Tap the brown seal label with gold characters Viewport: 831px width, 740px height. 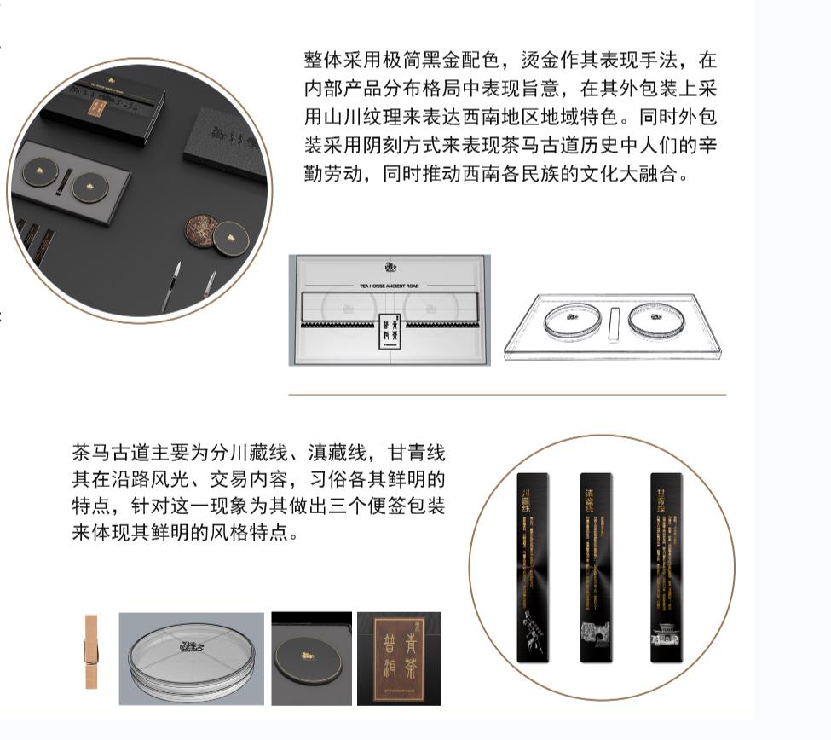pyautogui.click(x=399, y=658)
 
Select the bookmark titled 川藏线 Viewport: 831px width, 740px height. pyautogui.click(x=534, y=567)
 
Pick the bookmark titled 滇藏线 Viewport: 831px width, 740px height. pyautogui.click(x=595, y=567)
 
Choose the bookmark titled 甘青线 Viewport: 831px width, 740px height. pyautogui.click(x=666, y=567)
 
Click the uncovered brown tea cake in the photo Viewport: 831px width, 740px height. pyautogui.click(x=202, y=230)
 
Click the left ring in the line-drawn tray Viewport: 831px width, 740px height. pyautogui.click(x=572, y=321)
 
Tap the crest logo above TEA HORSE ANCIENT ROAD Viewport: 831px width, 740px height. pyautogui.click(x=390, y=267)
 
